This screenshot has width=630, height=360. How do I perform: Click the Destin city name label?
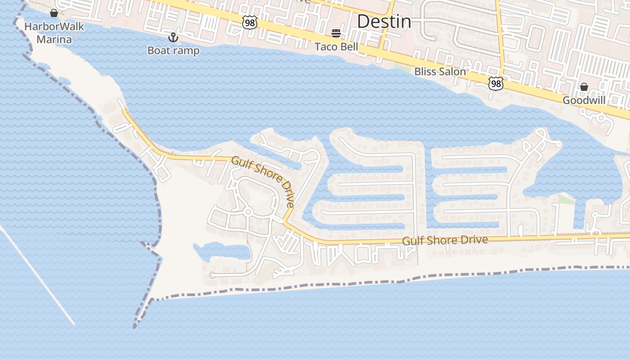point(384,22)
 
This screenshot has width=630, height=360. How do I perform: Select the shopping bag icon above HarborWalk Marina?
point(54,13)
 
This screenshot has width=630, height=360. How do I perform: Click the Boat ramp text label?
point(173,50)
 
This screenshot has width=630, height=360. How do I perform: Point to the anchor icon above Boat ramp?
point(173,37)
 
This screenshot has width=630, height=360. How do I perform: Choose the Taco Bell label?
point(336,46)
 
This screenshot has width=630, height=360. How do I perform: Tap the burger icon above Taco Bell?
point(336,33)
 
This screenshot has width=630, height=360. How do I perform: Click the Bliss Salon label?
point(440,72)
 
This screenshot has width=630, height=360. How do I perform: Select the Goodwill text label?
point(584,100)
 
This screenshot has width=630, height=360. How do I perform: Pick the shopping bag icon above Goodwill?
point(584,87)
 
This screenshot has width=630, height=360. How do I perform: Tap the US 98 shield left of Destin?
point(249,22)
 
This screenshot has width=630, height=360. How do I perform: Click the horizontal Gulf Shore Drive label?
point(445,240)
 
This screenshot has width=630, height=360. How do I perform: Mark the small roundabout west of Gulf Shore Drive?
point(247,212)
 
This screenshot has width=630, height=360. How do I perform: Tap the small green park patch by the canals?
point(566,199)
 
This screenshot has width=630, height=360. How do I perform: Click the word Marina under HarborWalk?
point(54,40)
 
